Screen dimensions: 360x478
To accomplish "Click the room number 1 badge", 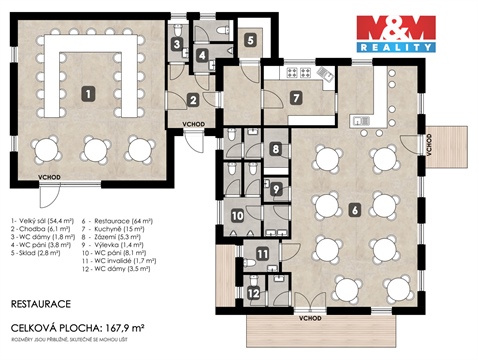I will [88, 94].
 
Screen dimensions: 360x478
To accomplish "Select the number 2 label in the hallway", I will [194, 99].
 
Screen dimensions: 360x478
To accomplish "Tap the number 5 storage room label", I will [250, 41].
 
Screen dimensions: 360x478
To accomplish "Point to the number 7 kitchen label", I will [295, 97].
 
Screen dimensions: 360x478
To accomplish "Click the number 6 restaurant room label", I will [355, 211].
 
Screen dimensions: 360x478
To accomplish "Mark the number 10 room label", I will [237, 215].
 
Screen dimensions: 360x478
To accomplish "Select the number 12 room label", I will [254, 293].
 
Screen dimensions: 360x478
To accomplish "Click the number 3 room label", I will [175, 44].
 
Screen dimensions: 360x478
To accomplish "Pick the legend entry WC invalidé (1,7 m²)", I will [126, 263].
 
